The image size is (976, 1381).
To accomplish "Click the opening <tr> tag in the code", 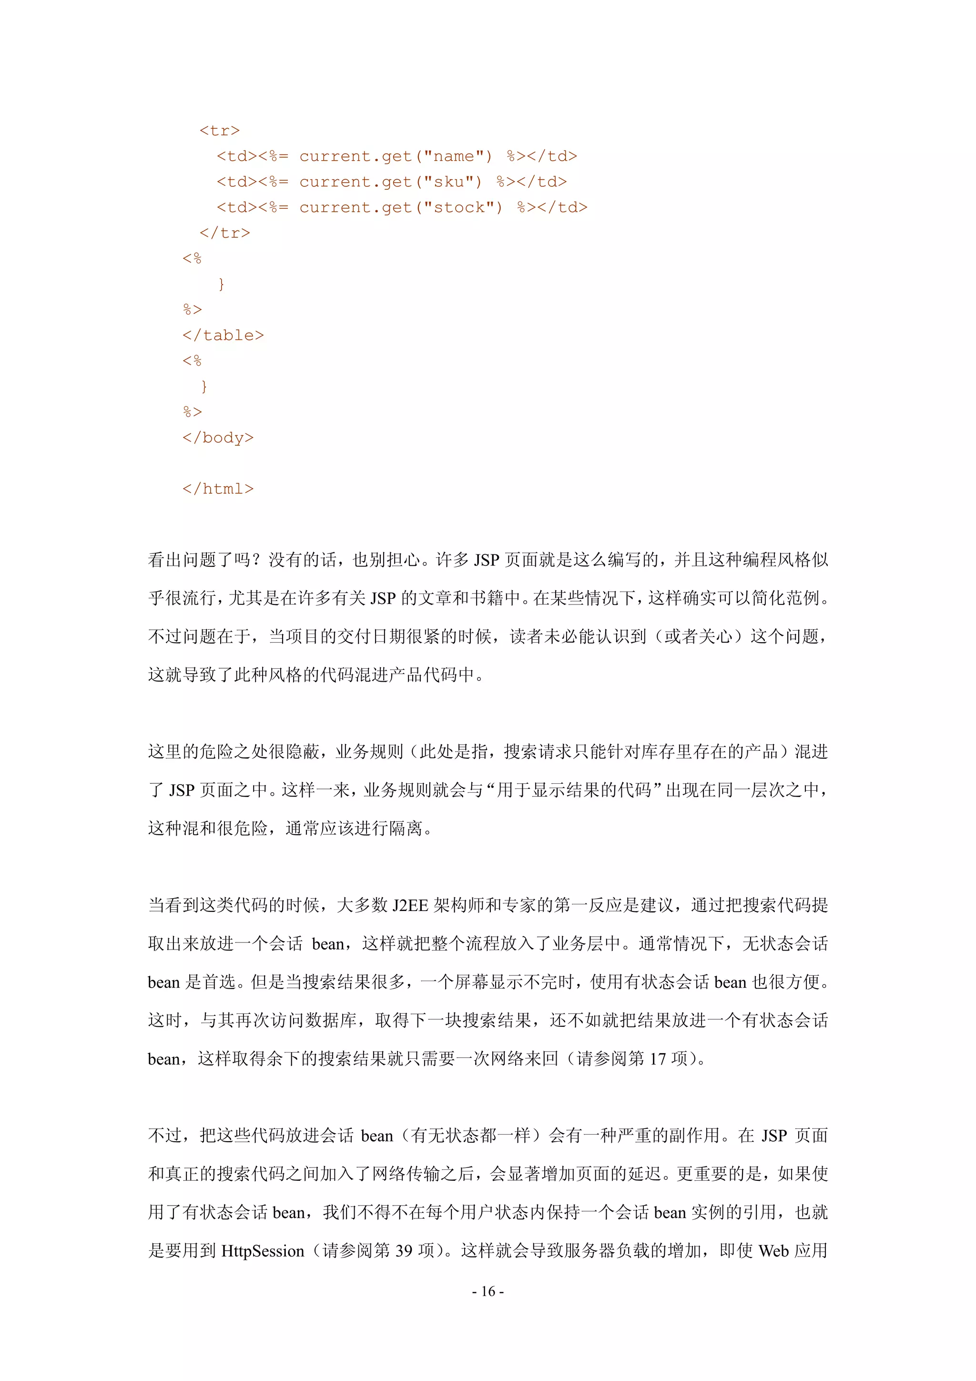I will [220, 131].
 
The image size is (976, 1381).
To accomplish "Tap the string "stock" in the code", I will [463, 207].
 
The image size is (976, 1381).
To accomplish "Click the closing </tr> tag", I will [224, 233].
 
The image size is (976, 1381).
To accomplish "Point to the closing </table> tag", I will [223, 335].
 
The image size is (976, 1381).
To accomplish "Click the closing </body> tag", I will [218, 437].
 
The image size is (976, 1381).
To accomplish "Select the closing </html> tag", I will [218, 489].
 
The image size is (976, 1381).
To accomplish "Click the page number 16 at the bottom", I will [488, 1291].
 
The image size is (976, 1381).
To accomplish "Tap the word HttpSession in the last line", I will [263, 1251].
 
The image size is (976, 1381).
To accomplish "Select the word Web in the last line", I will [773, 1251].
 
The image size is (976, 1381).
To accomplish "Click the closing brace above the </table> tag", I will [221, 284].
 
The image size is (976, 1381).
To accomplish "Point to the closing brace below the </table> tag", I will [204, 386].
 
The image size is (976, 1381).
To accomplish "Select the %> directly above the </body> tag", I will [193, 412].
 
